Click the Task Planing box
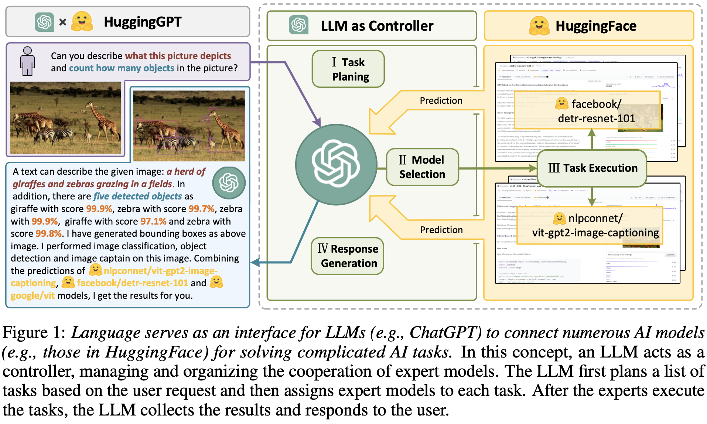point(348,69)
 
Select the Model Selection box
point(422,167)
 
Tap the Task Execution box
point(592,168)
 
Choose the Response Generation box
point(348,256)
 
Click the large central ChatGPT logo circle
point(336,164)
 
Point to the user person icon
point(27,61)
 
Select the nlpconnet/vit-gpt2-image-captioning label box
point(590,225)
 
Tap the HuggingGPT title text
point(143,22)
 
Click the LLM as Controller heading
point(377,26)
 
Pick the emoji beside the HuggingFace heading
point(539,25)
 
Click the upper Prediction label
point(441,100)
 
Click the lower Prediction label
point(441,230)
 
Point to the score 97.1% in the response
point(153,221)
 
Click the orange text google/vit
point(33,295)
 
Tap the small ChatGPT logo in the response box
point(229,182)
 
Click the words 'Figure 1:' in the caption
point(34,332)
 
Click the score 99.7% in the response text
point(201,209)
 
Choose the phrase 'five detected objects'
point(138,196)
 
